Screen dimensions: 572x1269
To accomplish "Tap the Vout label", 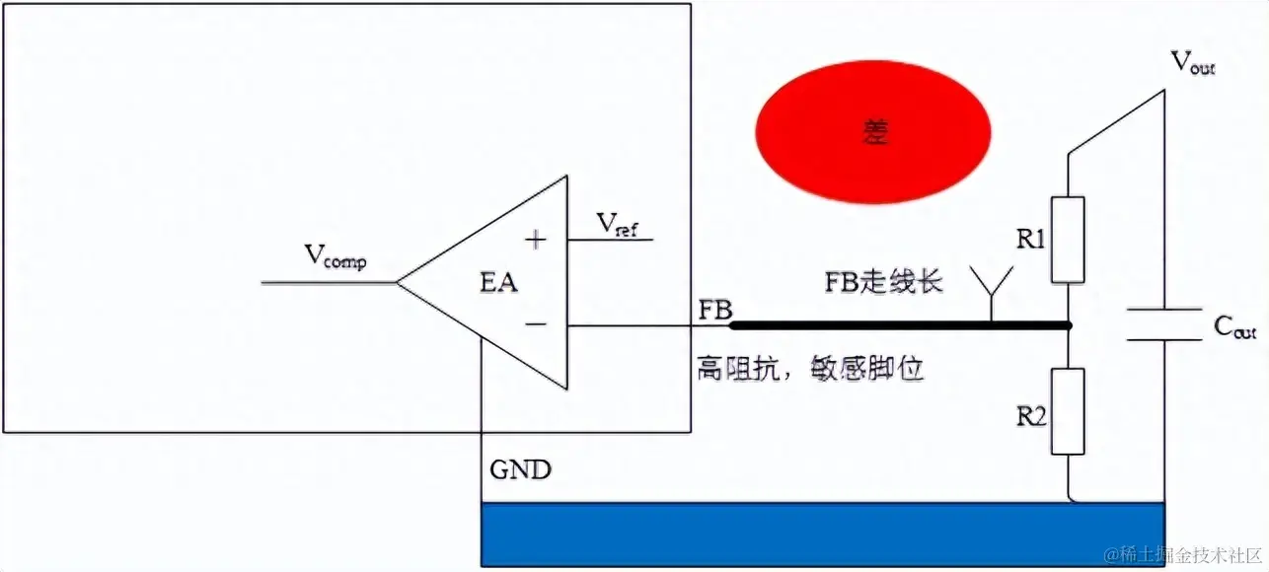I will click(1192, 64).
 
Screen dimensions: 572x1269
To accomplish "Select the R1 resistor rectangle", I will click(1069, 241).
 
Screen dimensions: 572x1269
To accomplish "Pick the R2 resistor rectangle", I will click(1069, 410).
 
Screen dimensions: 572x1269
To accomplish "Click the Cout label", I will click(1234, 327).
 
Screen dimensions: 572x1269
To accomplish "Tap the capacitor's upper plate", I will click(1164, 311).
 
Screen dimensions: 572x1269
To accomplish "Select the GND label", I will click(520, 469).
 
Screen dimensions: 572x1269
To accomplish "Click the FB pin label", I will click(715, 310).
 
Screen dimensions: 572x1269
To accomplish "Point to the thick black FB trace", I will click(898, 324).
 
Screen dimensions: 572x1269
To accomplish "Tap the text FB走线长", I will click(883, 282).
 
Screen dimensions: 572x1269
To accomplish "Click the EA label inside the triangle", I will click(498, 283).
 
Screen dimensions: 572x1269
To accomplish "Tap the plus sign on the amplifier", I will click(535, 239).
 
